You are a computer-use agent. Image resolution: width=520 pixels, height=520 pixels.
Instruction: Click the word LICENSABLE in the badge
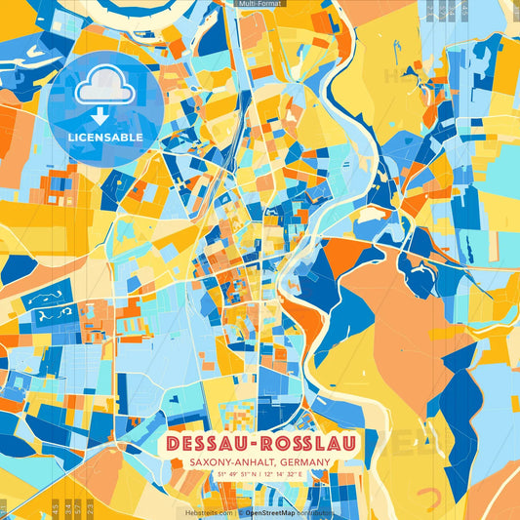(104, 138)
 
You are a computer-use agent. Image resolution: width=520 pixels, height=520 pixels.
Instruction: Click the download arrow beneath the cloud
(104, 116)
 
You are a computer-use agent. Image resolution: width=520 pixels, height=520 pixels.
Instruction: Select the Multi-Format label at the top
(260, 4)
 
